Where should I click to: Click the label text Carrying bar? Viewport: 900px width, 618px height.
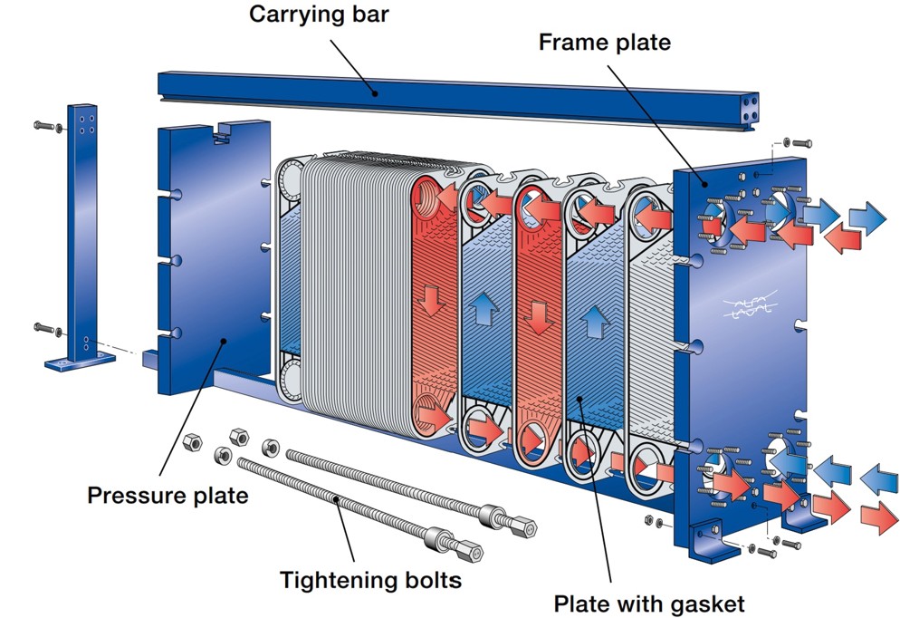tap(319, 14)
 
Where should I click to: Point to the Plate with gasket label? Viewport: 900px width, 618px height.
tap(648, 603)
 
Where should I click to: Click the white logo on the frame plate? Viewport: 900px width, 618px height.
tap(746, 304)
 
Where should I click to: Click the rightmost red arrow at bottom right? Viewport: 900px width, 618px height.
tap(875, 514)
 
